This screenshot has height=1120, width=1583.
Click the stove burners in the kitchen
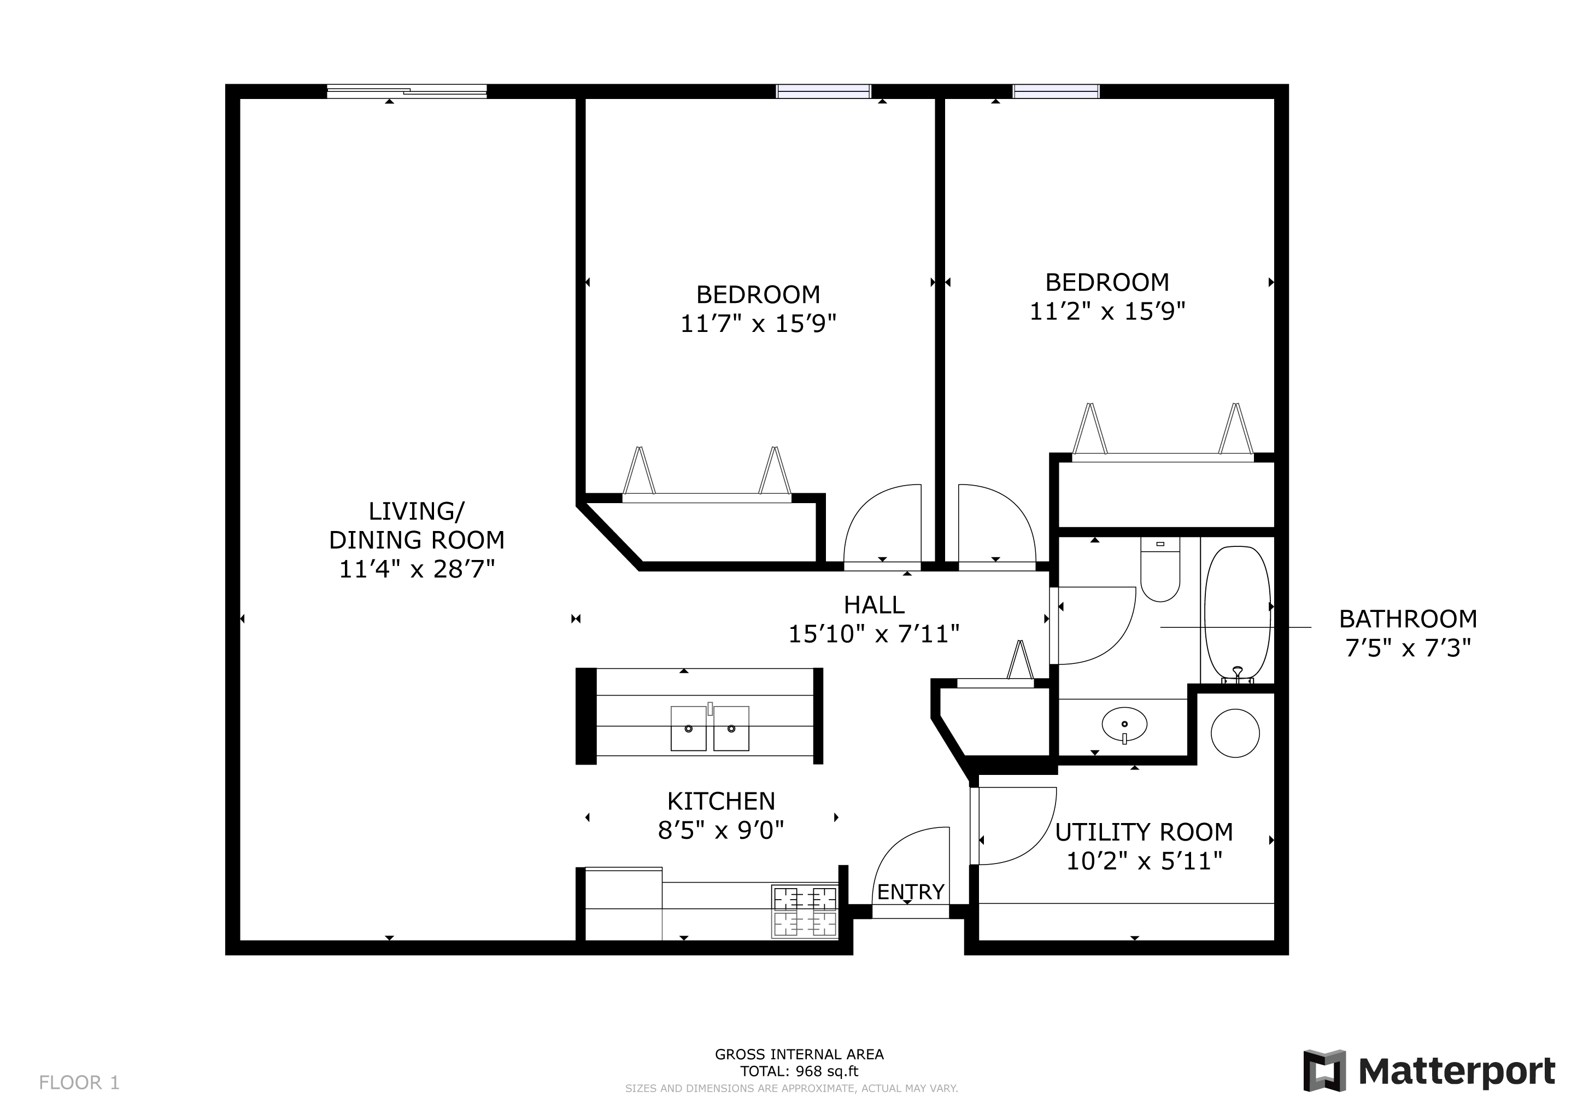click(805, 911)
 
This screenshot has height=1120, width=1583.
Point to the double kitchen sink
click(710, 728)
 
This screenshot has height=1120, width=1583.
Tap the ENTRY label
click(910, 892)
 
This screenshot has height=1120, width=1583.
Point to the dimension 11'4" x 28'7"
click(417, 570)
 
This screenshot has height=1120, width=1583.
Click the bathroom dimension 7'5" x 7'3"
click(1408, 648)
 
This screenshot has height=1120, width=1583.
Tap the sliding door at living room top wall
click(406, 91)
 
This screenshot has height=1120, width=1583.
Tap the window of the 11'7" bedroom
click(823, 91)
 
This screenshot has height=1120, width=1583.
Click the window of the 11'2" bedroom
click(1056, 91)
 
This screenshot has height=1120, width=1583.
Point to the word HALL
click(873, 605)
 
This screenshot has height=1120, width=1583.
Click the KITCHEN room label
click(720, 801)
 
